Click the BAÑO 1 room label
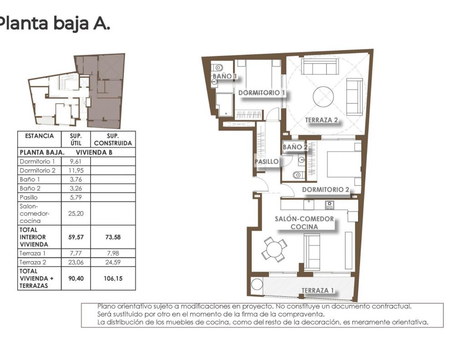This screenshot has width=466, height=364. point(225,76)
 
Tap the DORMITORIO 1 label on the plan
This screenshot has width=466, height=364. point(262,93)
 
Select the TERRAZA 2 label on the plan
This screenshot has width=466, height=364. point(321,120)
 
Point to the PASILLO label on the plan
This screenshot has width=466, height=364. point(267,162)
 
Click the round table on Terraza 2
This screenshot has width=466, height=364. point(324,97)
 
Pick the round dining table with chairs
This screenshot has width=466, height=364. point(274,249)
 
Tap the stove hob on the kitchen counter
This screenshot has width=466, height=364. point(329,205)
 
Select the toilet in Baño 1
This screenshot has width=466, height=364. point(218,68)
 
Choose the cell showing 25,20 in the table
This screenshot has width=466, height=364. point(76,213)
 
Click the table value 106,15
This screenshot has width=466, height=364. point(113,278)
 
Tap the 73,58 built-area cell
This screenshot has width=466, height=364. point(113,237)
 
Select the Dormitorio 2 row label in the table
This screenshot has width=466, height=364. point(37,170)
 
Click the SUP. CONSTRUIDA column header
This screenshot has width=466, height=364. point(113,139)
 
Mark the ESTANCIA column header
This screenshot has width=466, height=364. point(40,136)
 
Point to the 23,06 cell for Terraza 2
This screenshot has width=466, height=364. point(76,262)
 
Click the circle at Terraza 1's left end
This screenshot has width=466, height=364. point(257,284)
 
